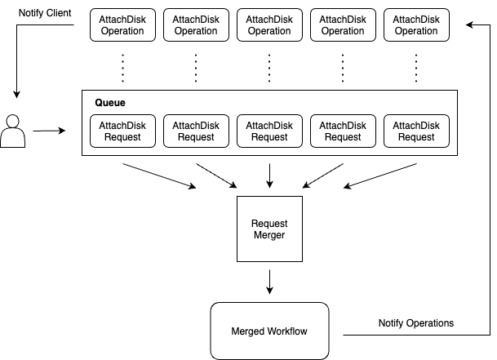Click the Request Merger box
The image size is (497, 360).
[x=269, y=229]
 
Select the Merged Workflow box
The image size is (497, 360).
[x=269, y=331]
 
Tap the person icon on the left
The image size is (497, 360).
[x=13, y=131]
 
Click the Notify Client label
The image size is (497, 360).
[x=44, y=14]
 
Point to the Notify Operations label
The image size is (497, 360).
[x=415, y=323]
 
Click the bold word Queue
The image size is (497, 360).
[x=110, y=103]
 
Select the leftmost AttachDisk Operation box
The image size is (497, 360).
[x=122, y=25]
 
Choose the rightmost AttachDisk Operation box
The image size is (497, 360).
[x=416, y=25]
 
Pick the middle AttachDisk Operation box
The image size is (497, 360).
[x=269, y=25]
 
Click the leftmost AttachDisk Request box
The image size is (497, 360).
[x=122, y=131]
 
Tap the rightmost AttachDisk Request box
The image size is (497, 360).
[x=416, y=131]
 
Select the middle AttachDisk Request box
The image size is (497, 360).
[x=269, y=131]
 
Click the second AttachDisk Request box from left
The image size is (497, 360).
[x=196, y=131]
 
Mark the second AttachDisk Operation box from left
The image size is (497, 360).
[x=196, y=25]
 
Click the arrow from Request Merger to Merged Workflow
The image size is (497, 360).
[x=269, y=281]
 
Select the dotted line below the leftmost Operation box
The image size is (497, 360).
[x=122, y=68]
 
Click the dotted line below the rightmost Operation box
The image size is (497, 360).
[x=416, y=68]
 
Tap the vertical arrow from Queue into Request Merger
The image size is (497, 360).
[x=269, y=175]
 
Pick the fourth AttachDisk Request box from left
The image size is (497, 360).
[x=343, y=131]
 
